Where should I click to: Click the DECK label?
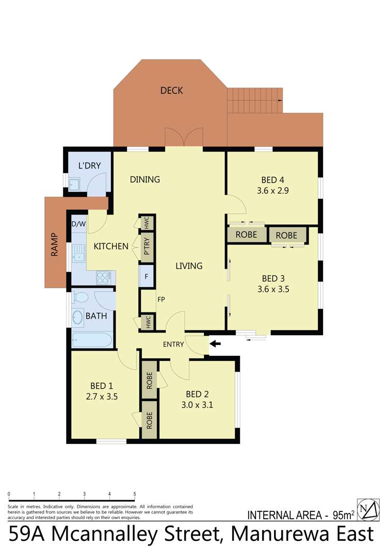pos(171,91)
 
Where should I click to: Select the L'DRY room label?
pos(89,165)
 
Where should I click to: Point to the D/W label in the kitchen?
pos(78,224)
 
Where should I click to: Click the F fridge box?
pos(147,276)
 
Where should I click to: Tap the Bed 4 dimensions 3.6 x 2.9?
pos(272,190)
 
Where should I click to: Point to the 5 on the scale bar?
pos(135,494)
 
